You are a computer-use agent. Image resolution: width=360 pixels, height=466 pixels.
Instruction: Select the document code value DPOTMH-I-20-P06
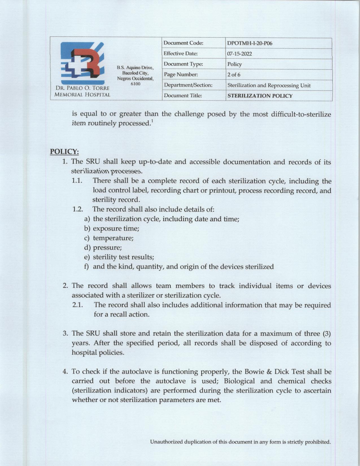[250, 43]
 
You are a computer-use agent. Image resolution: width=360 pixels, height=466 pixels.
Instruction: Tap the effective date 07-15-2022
[240, 54]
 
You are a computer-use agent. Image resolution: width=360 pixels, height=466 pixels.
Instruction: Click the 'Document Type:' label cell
[183, 64]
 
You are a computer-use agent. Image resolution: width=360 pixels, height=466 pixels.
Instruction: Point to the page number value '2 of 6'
[234, 75]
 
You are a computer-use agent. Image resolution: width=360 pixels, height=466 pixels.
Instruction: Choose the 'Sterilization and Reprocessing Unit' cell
[269, 85]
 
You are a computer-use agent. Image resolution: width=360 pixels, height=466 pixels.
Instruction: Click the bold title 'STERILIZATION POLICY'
[260, 96]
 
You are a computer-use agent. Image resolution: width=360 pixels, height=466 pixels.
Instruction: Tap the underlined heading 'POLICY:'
[64, 152]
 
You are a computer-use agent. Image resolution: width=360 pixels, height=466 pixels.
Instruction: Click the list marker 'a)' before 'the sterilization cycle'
[87, 219]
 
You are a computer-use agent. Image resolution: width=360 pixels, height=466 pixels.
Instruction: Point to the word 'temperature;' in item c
[113, 238]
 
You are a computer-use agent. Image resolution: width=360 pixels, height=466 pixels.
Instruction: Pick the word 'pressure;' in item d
[107, 248]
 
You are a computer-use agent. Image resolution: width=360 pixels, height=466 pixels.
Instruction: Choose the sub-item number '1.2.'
[77, 209]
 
